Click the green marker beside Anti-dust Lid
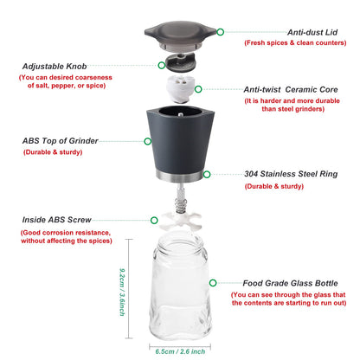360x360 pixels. [x=220, y=31]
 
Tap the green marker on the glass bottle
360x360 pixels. [x=212, y=283]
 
